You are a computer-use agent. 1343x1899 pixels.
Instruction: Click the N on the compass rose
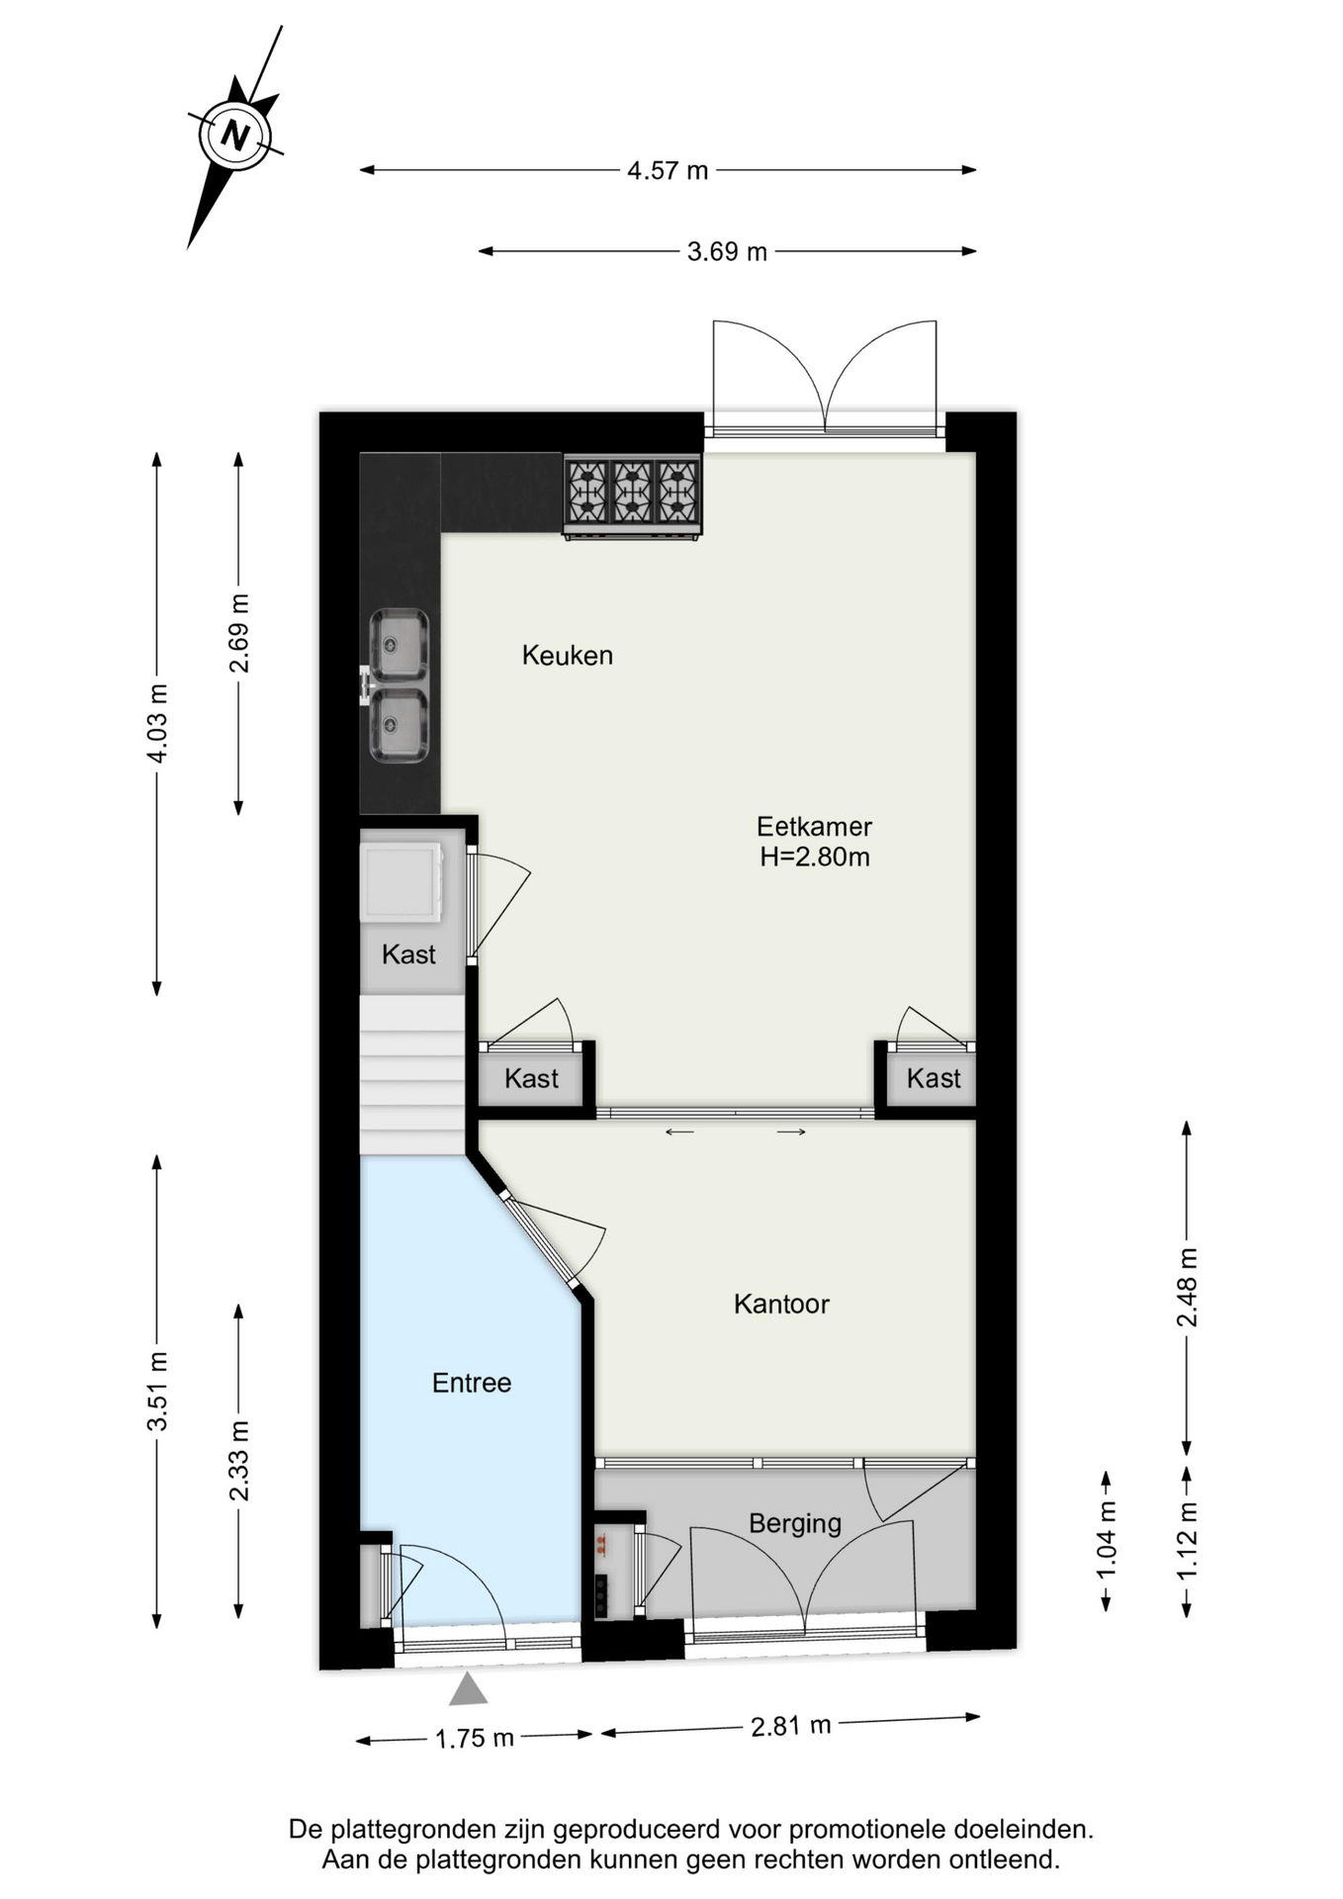click(235, 135)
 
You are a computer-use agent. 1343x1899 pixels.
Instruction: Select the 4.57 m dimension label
click(668, 170)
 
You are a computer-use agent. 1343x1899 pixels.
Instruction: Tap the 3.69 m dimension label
click(727, 251)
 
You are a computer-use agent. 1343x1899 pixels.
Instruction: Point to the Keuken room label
click(568, 655)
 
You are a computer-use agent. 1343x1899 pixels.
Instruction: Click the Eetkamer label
click(814, 826)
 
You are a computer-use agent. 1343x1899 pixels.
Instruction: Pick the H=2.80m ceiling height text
click(814, 857)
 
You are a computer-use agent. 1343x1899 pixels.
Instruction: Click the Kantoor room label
click(781, 1304)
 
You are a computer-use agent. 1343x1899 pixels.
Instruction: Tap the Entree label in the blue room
click(472, 1383)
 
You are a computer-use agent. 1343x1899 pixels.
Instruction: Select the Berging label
click(795, 1524)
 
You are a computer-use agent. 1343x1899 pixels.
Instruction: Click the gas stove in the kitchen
click(632, 496)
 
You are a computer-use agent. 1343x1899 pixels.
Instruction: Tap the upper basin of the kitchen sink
click(400, 645)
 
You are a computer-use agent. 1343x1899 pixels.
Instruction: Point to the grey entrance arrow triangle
click(468, 1688)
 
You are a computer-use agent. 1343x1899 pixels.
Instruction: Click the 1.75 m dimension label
click(475, 1738)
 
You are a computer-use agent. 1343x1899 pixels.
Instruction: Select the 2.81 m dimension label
click(790, 1726)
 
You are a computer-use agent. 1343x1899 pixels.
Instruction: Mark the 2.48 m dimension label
click(1187, 1287)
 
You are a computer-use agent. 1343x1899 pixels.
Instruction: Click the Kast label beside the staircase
click(532, 1078)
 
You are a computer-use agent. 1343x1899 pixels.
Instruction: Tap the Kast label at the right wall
click(934, 1078)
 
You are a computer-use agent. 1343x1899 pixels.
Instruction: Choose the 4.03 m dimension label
click(156, 723)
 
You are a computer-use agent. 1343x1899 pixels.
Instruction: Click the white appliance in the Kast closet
click(401, 880)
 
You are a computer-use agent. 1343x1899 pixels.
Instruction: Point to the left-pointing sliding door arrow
click(679, 1131)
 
